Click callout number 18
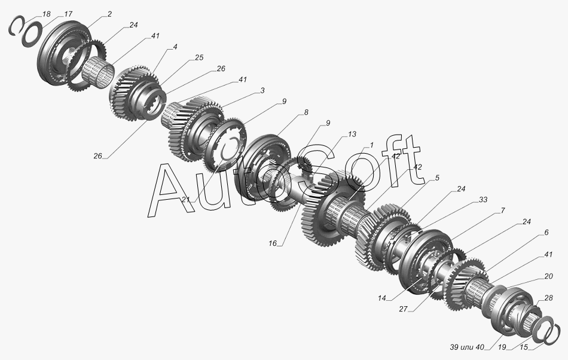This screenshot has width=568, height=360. click(47, 14)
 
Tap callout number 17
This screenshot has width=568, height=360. click(68, 14)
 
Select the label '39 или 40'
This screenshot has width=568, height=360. click(466, 347)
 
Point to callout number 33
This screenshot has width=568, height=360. click(483, 200)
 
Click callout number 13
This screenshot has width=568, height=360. click(352, 134)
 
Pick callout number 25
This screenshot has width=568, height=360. click(199, 57)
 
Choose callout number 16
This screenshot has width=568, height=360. click(273, 243)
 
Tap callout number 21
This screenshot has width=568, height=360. click(186, 200)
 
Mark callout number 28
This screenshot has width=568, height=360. click(548, 298)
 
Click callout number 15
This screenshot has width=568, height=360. click(524, 347)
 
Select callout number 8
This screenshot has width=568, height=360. click(306, 112)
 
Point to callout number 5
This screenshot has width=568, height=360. click(437, 178)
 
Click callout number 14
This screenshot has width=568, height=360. click(382, 298)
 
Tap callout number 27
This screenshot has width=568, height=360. click(403, 309)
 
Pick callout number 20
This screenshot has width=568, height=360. click(548, 276)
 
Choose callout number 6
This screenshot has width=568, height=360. click(546, 232)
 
